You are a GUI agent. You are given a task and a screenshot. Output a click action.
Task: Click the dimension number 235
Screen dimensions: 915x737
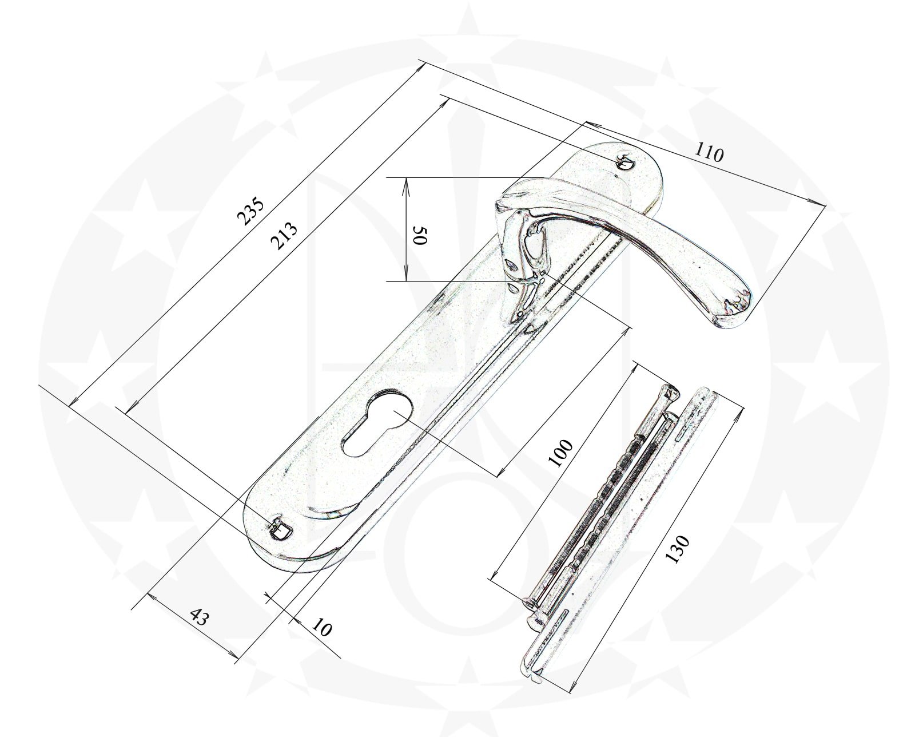[x=251, y=211]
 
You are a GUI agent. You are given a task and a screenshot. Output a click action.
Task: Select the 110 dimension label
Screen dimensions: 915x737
[x=709, y=153]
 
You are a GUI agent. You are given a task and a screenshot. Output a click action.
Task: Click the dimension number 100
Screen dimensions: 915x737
[x=561, y=454]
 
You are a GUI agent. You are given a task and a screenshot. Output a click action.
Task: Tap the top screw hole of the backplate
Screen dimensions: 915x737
[x=625, y=162]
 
